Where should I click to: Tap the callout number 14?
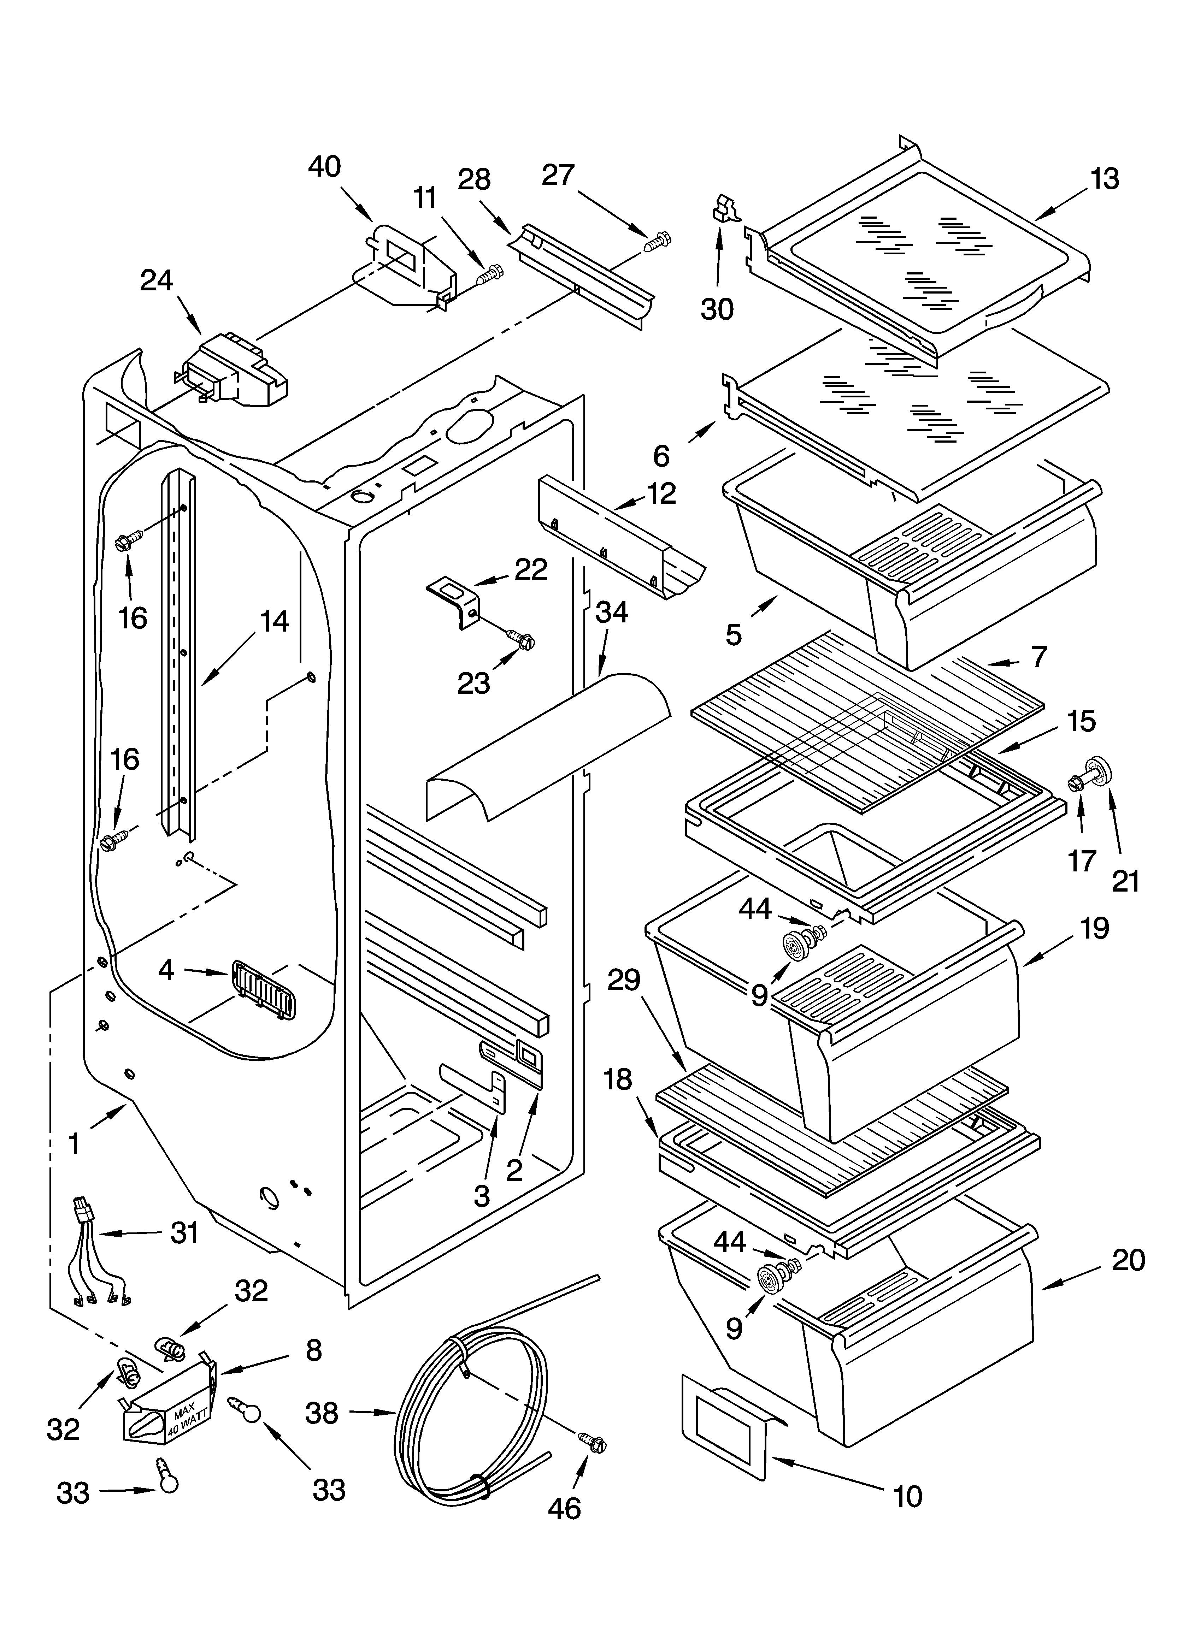[x=274, y=621]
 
